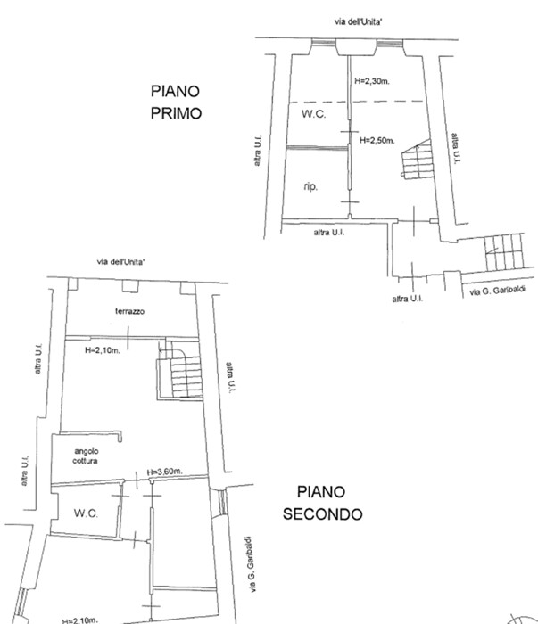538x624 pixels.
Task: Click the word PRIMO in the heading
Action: (176, 113)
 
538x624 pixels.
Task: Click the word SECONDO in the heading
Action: (323, 514)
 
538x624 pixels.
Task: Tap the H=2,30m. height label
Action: (372, 81)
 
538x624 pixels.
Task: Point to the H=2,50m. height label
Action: (377, 140)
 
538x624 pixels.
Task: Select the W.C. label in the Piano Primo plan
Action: (313, 114)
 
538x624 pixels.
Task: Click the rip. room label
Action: (310, 185)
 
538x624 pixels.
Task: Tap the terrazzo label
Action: (130, 311)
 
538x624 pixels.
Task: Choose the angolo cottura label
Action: (86, 456)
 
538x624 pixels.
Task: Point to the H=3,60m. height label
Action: (165, 472)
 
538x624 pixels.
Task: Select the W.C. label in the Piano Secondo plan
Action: (86, 513)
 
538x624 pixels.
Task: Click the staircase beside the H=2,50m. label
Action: (417, 159)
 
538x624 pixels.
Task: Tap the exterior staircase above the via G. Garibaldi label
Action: (504, 252)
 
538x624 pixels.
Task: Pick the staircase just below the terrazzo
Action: (180, 370)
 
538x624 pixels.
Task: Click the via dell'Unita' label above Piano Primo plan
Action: (358, 21)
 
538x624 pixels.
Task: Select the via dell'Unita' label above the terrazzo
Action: (121, 262)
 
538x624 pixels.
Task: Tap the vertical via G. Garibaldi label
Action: (250, 564)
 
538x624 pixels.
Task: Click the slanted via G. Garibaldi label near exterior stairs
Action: (497, 291)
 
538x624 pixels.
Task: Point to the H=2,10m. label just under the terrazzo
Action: (103, 350)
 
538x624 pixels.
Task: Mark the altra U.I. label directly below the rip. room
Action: (329, 233)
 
